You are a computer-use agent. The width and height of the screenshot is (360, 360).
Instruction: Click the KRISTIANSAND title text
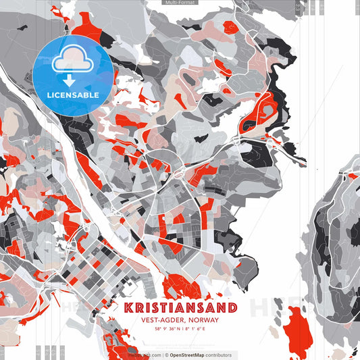pyautogui.click(x=180, y=308)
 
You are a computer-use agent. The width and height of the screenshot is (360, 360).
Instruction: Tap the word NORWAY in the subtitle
pyautogui.click(x=204, y=320)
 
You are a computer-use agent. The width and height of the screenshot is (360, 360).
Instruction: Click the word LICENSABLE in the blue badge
pyautogui.click(x=72, y=95)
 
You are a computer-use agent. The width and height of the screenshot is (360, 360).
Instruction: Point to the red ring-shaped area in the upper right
pyautogui.click(x=259, y=111)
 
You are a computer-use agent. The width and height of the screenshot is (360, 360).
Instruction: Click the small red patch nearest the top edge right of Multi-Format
pyautogui.click(x=230, y=27)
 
